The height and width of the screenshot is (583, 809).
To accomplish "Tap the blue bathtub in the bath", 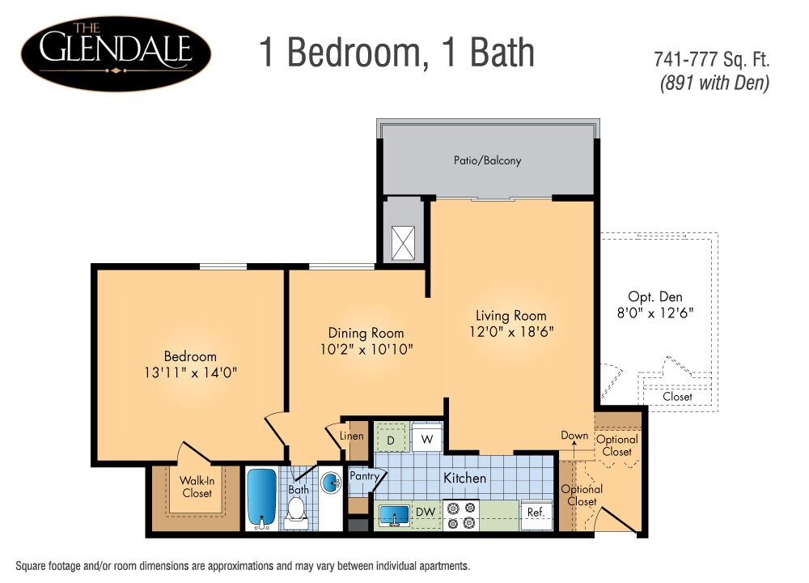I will [x=261, y=498].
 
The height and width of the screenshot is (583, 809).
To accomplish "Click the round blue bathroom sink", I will [x=332, y=484].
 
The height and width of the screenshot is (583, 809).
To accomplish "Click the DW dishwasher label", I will [x=426, y=513].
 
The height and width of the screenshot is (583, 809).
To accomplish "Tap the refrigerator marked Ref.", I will [x=535, y=513].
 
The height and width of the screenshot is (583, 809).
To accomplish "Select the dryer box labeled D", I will [x=390, y=440].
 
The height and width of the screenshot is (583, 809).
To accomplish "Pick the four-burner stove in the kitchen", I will [x=461, y=515].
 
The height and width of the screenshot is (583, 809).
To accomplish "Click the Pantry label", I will [x=364, y=477].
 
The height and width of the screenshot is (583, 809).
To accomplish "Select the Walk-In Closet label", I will [x=197, y=487].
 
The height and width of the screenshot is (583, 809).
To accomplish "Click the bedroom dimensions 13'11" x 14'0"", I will [x=190, y=372].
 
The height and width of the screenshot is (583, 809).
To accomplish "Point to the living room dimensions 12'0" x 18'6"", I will [x=511, y=331].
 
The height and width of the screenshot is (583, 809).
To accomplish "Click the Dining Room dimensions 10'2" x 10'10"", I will [x=366, y=349].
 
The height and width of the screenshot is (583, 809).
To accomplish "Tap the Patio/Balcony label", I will [x=487, y=160].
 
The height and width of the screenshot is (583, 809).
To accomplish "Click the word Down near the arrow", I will [x=574, y=436].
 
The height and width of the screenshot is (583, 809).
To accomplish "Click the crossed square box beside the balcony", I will [x=403, y=242].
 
